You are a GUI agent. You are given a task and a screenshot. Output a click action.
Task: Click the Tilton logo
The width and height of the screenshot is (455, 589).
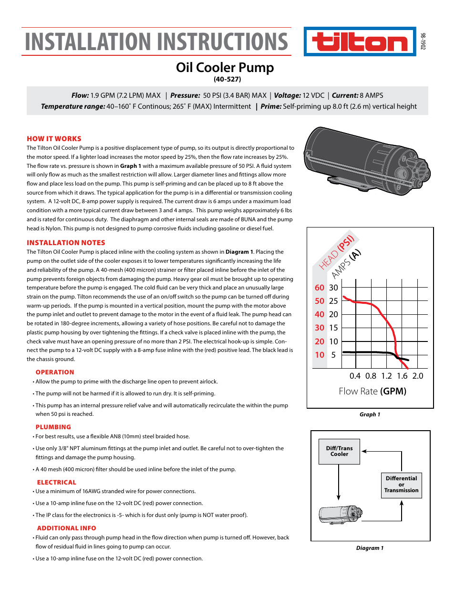click(360, 42)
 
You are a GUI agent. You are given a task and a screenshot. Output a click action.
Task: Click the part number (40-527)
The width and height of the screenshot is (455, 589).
click(227, 79)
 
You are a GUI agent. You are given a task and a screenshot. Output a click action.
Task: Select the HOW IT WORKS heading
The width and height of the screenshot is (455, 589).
click(54, 139)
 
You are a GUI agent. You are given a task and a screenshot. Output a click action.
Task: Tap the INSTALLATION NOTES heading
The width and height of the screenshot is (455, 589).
click(66, 243)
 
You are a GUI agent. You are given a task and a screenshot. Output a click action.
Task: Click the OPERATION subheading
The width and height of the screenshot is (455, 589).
click(55, 372)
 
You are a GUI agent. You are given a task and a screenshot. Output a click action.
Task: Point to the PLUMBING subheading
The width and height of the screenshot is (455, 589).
click(53, 427)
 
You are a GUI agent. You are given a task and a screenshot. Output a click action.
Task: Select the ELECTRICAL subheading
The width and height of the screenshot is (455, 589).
click(56, 483)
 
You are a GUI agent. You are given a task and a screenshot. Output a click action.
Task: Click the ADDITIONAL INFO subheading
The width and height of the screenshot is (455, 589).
click(66, 528)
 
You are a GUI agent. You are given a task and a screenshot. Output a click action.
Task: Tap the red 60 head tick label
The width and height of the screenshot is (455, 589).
click(319, 288)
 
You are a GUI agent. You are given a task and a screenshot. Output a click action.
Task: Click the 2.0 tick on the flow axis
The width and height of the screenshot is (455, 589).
click(418, 376)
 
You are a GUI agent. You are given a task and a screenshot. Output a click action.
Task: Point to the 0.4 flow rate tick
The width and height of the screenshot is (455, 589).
click(355, 376)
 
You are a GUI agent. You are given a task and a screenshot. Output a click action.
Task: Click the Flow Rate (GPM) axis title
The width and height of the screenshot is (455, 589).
click(372, 391)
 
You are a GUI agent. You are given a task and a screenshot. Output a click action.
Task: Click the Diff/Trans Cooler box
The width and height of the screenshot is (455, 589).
click(339, 451)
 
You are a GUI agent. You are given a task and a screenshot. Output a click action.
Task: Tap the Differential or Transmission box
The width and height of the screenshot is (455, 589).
click(401, 485)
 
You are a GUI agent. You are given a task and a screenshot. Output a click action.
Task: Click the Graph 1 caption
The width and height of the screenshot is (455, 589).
click(370, 414)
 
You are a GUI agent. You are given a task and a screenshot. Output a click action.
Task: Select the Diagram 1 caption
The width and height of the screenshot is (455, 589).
click(370, 548)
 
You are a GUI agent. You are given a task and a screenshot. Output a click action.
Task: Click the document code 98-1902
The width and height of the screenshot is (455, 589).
click(423, 41)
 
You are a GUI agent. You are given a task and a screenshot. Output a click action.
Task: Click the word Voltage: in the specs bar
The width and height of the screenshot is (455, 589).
click(287, 95)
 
